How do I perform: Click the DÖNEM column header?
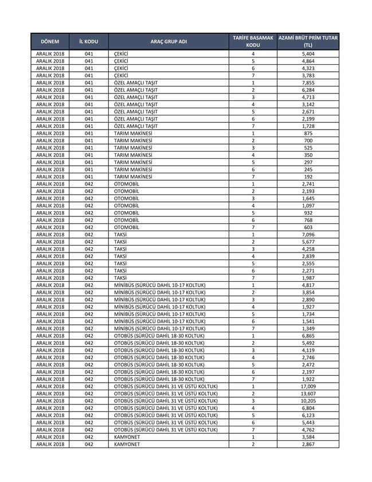(x=50, y=42)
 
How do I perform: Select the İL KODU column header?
(x=88, y=42)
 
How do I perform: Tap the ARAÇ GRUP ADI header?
(x=169, y=42)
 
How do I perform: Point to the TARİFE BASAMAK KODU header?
(x=253, y=41)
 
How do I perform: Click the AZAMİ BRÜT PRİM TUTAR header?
(x=308, y=41)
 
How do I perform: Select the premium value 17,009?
(x=308, y=386)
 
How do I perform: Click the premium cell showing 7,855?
(x=308, y=83)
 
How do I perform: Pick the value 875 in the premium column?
(x=308, y=133)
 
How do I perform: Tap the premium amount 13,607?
(x=308, y=394)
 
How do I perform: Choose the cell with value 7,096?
(x=308, y=234)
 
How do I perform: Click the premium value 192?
(x=308, y=177)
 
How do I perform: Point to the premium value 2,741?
(x=308, y=184)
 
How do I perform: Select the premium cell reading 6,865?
(x=308, y=335)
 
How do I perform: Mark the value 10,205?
(x=308, y=401)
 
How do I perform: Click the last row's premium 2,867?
(x=308, y=444)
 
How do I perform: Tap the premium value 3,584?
(x=308, y=437)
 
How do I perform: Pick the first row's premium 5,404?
(x=308, y=53)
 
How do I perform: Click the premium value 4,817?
(x=308, y=285)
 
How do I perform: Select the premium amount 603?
(x=308, y=227)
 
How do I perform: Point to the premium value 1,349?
(x=308, y=328)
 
